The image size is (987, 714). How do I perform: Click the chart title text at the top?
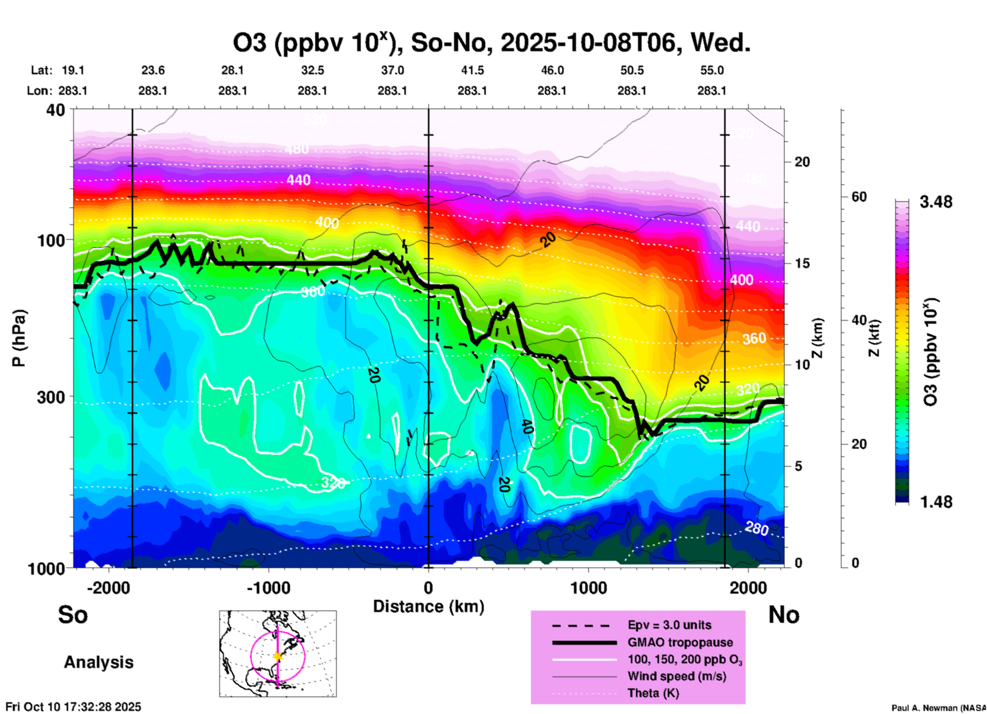click(x=492, y=43)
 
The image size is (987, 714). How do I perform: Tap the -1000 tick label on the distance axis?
click(x=268, y=587)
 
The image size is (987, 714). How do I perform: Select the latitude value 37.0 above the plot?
click(x=392, y=71)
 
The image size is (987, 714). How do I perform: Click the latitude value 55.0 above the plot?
click(x=712, y=71)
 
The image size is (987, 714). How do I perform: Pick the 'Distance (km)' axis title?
click(x=428, y=606)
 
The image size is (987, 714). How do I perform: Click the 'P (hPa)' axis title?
click(x=19, y=338)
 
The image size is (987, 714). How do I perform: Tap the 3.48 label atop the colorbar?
click(x=936, y=202)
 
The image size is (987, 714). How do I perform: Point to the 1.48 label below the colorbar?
click(x=936, y=502)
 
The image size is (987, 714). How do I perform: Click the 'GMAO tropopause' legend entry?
click(x=680, y=642)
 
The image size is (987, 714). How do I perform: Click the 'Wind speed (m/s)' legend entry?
click(x=676, y=677)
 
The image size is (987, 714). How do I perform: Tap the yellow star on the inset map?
click(x=278, y=656)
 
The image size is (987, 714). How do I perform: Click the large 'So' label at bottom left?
click(x=73, y=615)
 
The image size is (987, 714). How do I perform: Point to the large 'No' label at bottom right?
click(x=784, y=615)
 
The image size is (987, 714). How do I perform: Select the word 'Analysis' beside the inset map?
click(x=98, y=662)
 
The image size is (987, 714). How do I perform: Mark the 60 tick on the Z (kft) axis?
click(x=859, y=197)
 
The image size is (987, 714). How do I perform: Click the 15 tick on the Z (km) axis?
click(x=802, y=263)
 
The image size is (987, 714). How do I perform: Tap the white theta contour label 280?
click(x=756, y=528)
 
